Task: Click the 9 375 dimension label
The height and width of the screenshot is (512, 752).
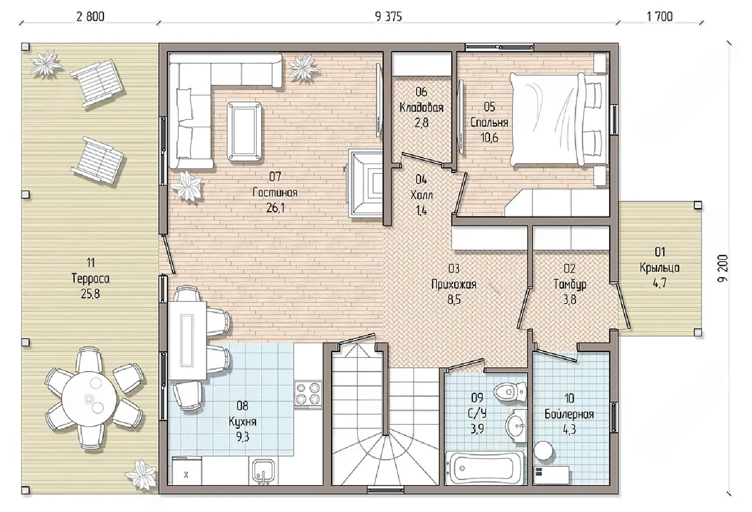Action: pos(388,16)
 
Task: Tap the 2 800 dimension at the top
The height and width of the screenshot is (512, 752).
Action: pos(90,16)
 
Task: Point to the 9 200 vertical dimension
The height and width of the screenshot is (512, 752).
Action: pos(723,269)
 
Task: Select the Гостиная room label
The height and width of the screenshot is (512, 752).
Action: pos(275,192)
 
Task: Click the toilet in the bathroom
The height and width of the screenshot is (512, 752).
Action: pos(510,391)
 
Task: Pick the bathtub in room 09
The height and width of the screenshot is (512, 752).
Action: pos(485,468)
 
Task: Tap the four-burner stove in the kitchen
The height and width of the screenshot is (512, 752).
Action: pos(308,394)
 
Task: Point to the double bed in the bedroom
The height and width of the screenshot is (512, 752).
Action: pos(559,119)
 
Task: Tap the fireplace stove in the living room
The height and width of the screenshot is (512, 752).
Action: pos(365,183)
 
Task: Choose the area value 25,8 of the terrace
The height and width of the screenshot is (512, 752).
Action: pos(90,294)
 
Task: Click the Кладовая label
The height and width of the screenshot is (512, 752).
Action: pos(421,108)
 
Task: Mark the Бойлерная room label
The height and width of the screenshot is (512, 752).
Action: pos(569,414)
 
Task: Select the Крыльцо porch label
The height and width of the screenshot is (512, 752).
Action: pos(659,268)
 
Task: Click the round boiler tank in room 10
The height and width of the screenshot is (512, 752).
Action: pos(543,450)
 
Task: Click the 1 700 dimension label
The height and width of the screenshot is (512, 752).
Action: pos(660,16)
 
